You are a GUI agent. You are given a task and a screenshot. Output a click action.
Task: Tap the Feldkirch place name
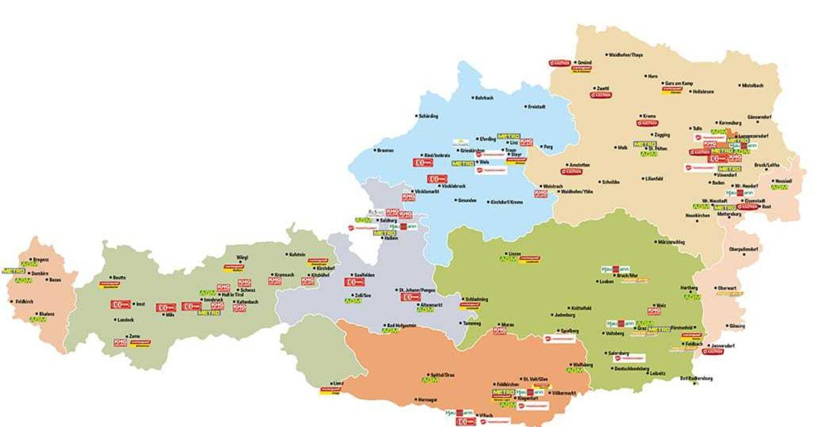pos(25,302)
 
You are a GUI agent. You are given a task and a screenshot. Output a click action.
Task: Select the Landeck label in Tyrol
pos(125,320)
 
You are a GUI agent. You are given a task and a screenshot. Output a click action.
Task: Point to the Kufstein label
pos(297,255)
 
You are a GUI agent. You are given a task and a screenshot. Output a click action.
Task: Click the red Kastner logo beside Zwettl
pos(601,96)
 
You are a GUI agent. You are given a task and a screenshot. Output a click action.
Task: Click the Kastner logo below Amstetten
pos(571,172)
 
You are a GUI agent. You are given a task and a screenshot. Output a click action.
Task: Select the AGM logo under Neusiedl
pos(779,187)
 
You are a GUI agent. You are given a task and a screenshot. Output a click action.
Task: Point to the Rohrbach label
pos(484,99)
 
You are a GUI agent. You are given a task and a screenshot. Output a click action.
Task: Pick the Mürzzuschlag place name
pos(671,242)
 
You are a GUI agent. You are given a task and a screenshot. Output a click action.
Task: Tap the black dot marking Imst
pos(133,304)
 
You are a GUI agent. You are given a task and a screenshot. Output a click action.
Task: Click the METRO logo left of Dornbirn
pos(14,270)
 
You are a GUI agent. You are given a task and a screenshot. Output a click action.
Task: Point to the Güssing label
pos(737,326)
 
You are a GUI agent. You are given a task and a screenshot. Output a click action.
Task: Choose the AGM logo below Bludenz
pos(29,319)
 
